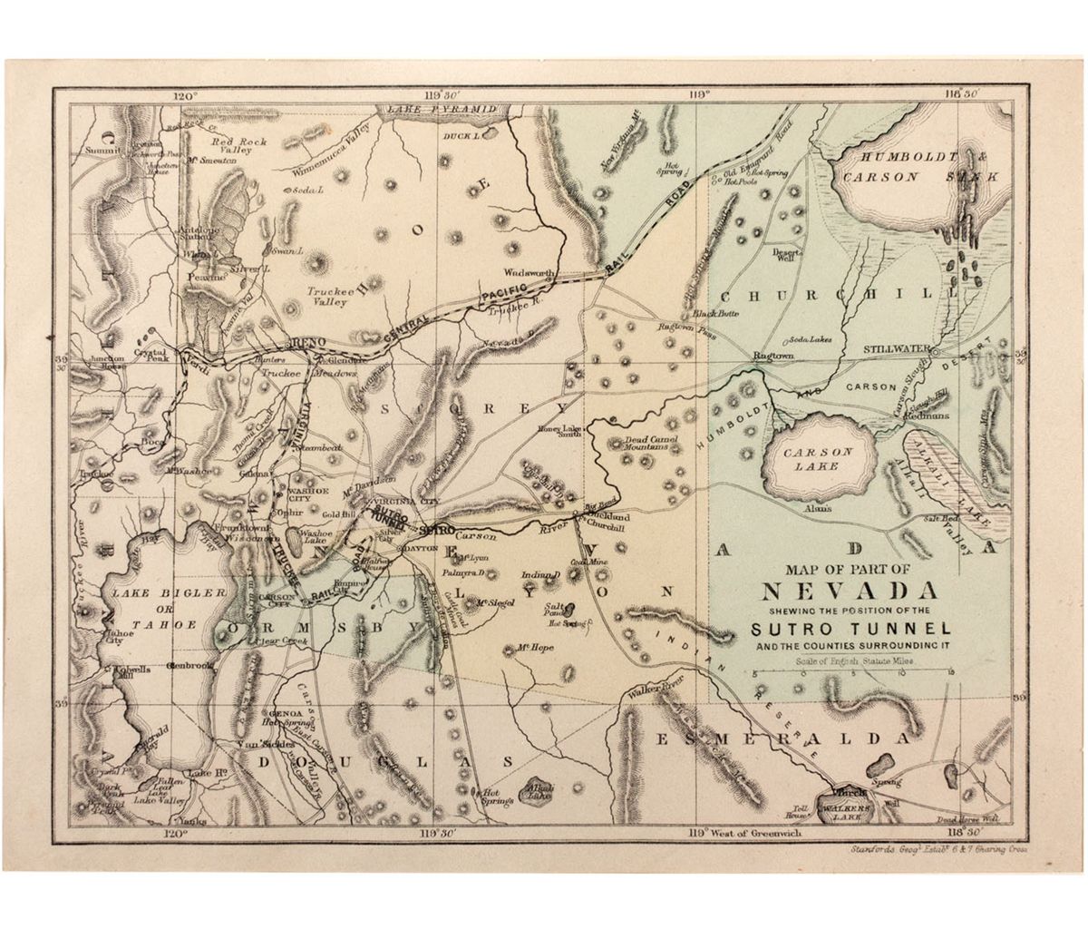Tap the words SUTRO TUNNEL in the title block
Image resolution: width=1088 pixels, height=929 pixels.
[x=850, y=628]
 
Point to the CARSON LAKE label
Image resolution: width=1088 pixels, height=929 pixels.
[x=818, y=459]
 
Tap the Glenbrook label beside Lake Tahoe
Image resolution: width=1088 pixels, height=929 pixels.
[x=191, y=666]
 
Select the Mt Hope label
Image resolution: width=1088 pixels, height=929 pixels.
[x=530, y=648]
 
